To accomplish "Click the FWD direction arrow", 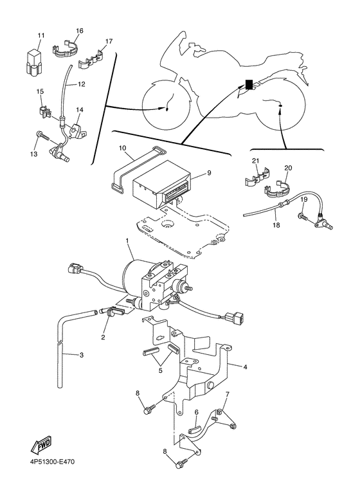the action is click(40, 446).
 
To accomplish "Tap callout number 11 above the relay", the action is click(41, 35).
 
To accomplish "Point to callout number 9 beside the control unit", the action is click(209, 173).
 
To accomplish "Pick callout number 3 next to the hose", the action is click(82, 355).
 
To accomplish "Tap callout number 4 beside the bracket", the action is click(245, 367).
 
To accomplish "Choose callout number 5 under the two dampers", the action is click(160, 370).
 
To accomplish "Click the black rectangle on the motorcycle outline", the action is click(249, 85).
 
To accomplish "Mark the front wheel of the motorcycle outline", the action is click(166, 104).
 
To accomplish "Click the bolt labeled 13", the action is click(43, 136).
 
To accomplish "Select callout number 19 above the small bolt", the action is click(304, 200).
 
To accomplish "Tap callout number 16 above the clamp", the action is click(80, 31).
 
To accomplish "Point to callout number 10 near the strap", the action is click(123, 148).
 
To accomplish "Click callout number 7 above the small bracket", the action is click(227, 394).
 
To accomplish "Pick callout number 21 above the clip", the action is click(256, 161).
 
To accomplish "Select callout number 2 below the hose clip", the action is click(103, 338).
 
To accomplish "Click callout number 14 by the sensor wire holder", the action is click(80, 110).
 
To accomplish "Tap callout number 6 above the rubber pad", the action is click(197, 412).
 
